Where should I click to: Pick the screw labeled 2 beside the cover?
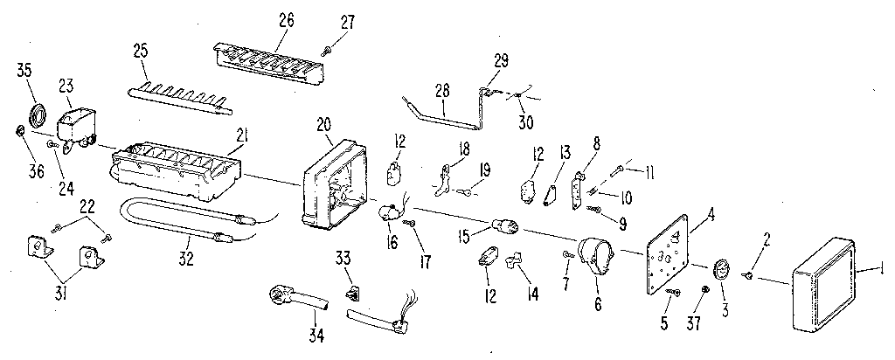click(x=749, y=275)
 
